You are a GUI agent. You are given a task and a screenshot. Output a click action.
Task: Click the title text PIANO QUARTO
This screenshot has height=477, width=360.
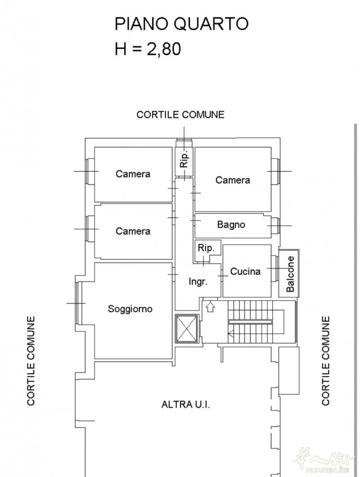tap(181, 24)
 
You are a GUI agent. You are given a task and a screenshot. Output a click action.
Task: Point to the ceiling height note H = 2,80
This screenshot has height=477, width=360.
tap(148, 49)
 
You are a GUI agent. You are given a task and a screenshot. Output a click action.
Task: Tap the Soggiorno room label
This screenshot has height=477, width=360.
tap(130, 309)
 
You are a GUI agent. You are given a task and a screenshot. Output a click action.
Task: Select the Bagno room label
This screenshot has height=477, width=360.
tap(231, 225)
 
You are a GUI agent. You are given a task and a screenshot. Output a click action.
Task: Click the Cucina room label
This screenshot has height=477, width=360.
tap(245, 271)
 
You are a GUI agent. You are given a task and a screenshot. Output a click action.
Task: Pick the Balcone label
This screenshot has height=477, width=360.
tap(290, 274)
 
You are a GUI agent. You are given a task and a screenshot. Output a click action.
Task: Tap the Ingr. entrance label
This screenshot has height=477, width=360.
tap(198, 282)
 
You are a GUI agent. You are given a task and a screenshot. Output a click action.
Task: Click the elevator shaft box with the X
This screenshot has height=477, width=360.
tap(186, 328)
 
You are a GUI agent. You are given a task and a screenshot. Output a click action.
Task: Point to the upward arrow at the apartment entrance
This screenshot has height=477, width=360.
tap(210, 307)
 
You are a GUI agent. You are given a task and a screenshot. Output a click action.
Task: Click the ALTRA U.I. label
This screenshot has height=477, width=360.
tap(185, 404)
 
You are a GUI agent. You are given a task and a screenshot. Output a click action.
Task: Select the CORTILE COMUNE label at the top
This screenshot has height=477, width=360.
tap(180, 115)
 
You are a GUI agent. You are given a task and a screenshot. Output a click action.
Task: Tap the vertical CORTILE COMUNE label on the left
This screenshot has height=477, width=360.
tap(31, 361)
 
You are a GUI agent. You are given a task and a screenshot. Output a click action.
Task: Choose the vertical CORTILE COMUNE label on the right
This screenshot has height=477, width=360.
tap(325, 361)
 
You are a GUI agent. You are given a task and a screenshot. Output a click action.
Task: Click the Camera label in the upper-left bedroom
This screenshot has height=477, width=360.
tap(133, 174)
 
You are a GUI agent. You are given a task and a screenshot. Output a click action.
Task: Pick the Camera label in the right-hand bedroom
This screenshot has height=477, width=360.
tap(233, 180)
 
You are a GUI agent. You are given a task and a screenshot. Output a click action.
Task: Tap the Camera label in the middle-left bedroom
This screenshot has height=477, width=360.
tap(133, 231)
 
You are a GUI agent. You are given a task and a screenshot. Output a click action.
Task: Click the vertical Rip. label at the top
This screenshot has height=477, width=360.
tap(184, 159)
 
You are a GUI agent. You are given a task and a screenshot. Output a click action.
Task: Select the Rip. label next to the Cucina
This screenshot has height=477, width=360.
tap(206, 248)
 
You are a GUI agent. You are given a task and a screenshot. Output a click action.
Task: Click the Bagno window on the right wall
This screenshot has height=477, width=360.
tap(275, 226)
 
